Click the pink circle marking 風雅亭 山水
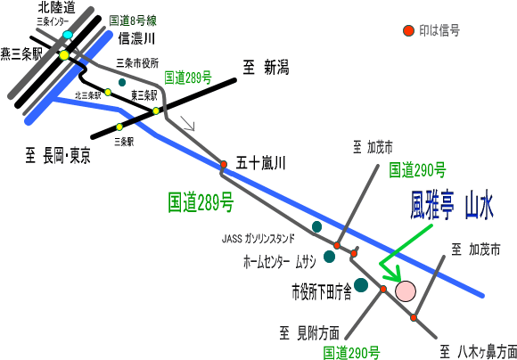[406, 291]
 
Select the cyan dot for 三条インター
[67, 35]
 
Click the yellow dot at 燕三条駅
[64, 55]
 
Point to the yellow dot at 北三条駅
[108, 92]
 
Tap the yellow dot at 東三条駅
[156, 110]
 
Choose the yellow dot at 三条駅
[119, 127]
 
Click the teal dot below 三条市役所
[122, 82]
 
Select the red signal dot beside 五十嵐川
[224, 164]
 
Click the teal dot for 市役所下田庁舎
[361, 285]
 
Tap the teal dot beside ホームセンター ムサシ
[330, 257]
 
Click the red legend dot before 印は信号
[408, 30]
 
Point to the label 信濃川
[136, 39]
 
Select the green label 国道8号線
[133, 20]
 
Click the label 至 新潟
[266, 68]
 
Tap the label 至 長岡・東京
[58, 156]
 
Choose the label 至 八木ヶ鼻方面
[479, 352]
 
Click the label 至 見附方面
[309, 333]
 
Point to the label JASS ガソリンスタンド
[258, 239]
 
